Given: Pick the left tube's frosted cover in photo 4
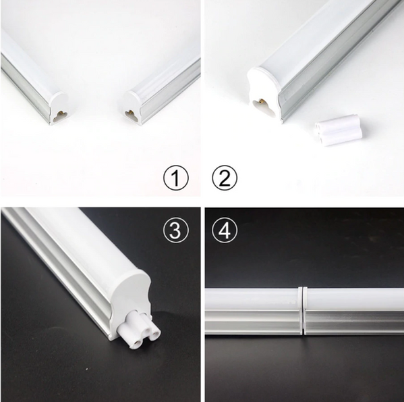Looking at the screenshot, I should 250,298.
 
